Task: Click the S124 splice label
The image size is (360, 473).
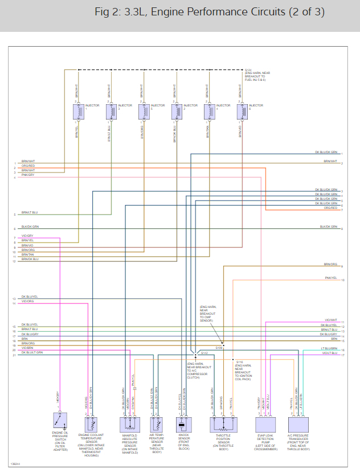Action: point(248,70)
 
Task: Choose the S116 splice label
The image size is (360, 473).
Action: point(239,361)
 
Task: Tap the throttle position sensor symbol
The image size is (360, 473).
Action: point(223,425)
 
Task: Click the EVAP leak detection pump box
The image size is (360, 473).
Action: point(265,425)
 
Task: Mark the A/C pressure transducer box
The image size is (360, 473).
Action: point(298,425)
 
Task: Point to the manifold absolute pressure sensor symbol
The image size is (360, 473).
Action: point(129,425)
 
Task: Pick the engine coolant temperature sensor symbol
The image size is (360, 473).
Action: point(91,425)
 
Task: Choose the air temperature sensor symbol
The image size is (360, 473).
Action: point(157,425)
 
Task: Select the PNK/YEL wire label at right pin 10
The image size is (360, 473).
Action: point(331,278)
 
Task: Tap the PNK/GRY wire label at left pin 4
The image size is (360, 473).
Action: point(28,175)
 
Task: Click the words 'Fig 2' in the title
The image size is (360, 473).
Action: point(108,12)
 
